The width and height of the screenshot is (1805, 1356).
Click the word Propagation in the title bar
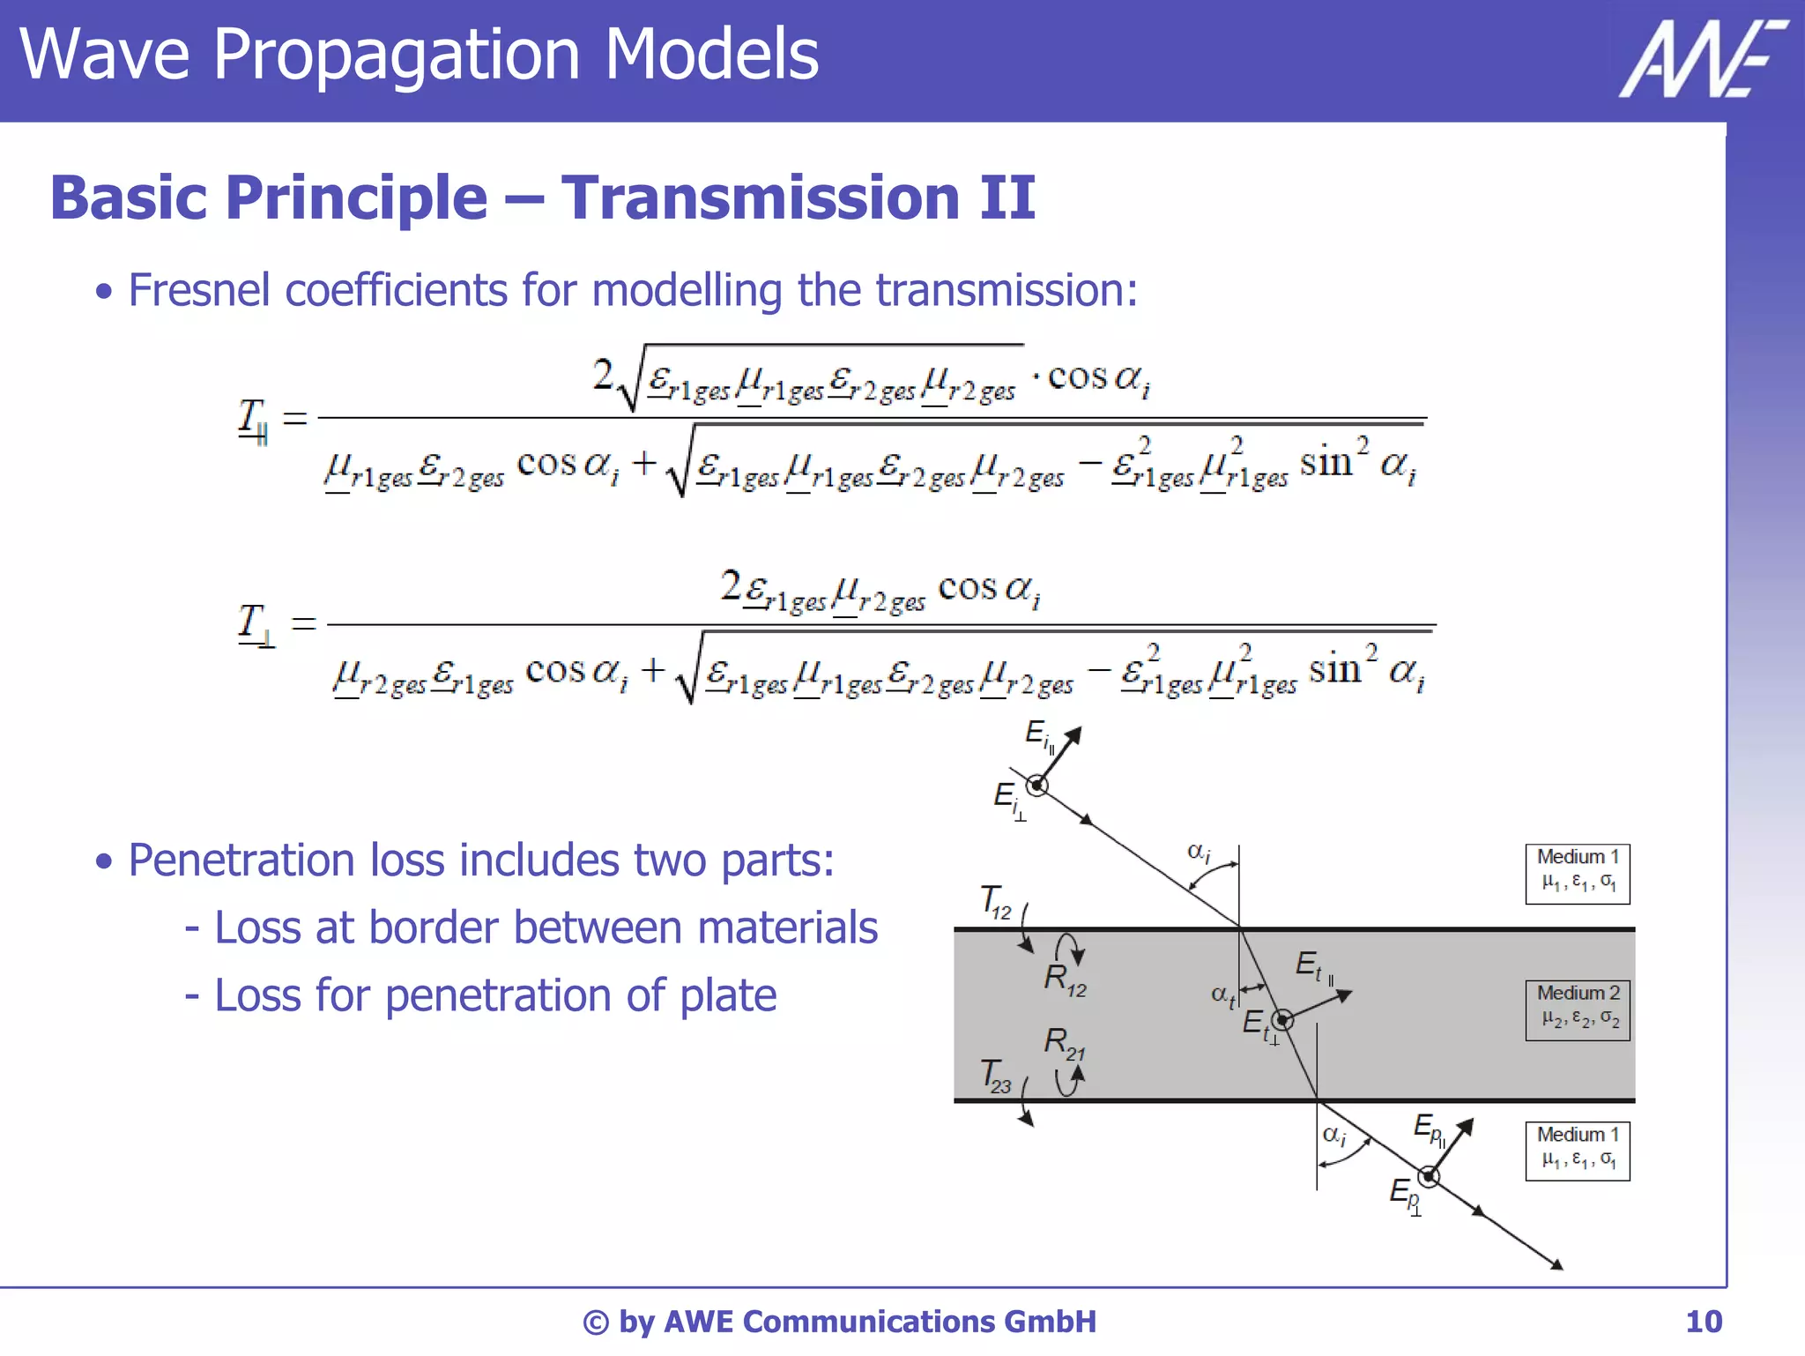pos(396,55)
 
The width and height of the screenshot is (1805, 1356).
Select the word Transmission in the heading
pos(761,197)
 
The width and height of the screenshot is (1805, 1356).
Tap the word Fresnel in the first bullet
pos(198,290)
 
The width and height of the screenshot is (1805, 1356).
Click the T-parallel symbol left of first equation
pos(253,420)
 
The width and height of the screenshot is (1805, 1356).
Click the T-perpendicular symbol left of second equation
pos(255,623)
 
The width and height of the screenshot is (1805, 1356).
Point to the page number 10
pos(1703,1322)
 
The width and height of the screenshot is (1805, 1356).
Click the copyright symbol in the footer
pos(596,1322)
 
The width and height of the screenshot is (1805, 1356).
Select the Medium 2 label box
pos(1577,1010)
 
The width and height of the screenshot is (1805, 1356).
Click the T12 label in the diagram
pos(996,902)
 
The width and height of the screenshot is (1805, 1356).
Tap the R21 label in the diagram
pos(1064,1043)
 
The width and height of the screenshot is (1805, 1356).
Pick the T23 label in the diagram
pos(996,1076)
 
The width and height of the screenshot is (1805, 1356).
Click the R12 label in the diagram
pos(1065,979)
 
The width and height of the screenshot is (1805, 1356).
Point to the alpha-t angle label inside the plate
pos(1222,995)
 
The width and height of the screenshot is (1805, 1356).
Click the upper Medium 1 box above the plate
pos(1577,873)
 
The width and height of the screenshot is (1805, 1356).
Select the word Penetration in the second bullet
pos(241,860)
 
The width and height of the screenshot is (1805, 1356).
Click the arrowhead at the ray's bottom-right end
pos(1556,1265)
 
